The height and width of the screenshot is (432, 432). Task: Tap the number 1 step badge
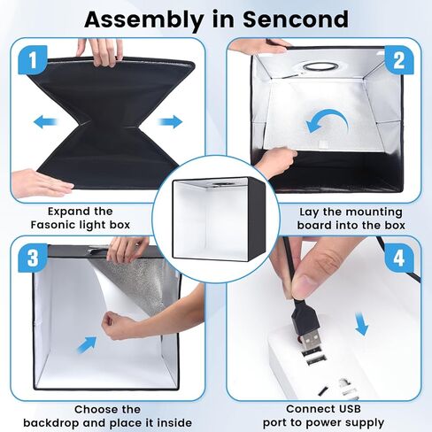tap(31, 63)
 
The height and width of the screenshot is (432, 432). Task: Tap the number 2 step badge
tap(398, 61)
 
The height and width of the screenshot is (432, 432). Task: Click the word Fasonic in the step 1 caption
tap(65, 225)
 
